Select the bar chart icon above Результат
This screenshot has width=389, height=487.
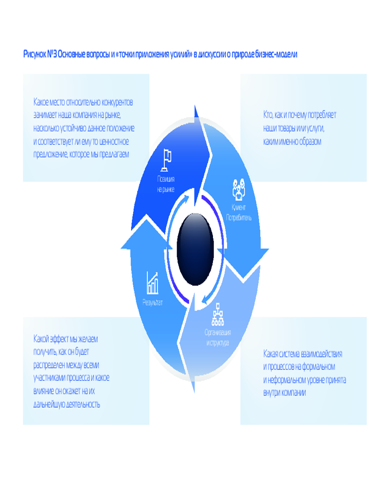tap(153, 282)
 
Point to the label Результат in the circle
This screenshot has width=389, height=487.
tap(153, 302)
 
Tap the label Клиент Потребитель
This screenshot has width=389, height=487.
tap(238, 213)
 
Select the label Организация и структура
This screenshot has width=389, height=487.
tap(218, 337)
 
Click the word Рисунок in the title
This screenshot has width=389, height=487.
tap(35, 55)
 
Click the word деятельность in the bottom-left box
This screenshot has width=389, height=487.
tap(79, 404)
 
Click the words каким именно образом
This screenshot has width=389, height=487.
tap(292, 142)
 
